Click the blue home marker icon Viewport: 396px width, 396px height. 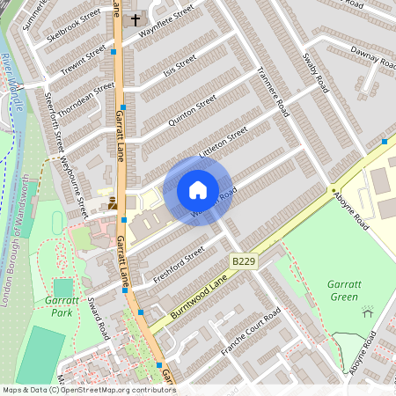pos(198,190)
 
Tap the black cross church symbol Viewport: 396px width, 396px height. pos(136,18)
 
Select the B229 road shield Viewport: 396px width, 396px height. pos(244,262)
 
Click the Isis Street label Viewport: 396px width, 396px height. pos(180,66)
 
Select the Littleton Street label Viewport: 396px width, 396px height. pos(224,140)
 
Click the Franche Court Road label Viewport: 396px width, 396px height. pos(250,332)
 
